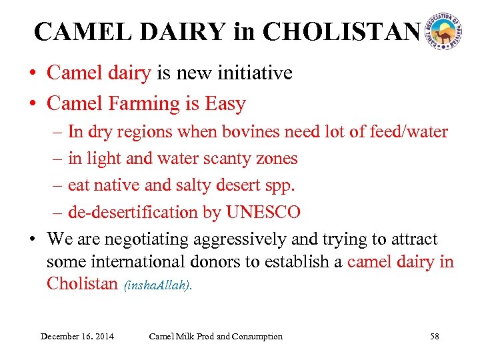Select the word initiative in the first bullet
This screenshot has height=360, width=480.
point(259,73)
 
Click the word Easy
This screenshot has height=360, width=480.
point(225,104)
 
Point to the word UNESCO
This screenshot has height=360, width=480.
point(263,212)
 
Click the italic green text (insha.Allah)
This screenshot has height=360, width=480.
point(157,285)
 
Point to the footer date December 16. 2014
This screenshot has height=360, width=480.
point(77,336)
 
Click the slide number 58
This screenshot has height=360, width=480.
point(434,336)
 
